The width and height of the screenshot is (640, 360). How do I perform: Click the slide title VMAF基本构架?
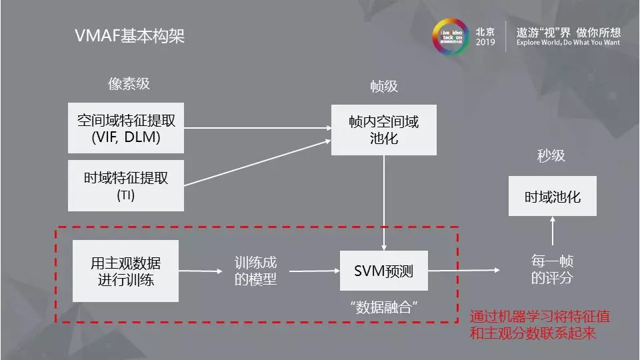coord(129,36)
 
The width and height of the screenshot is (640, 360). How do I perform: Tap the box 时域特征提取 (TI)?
coord(126,185)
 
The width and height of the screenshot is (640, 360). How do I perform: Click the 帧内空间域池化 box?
coord(384,130)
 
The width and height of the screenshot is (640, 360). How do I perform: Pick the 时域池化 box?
coord(552,197)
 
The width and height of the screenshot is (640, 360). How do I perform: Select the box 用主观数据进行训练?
coord(126,271)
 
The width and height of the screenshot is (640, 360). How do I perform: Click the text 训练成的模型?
coord(255,271)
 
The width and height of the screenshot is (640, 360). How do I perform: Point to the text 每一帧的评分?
coord(552,269)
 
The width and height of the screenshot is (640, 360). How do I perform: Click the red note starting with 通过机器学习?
coord(539,324)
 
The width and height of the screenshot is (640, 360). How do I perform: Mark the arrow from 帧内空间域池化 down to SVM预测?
coord(384,203)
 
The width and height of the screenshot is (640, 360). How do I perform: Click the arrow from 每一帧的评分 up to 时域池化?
coord(552,234)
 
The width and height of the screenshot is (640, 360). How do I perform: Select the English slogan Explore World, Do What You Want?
coord(568,42)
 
